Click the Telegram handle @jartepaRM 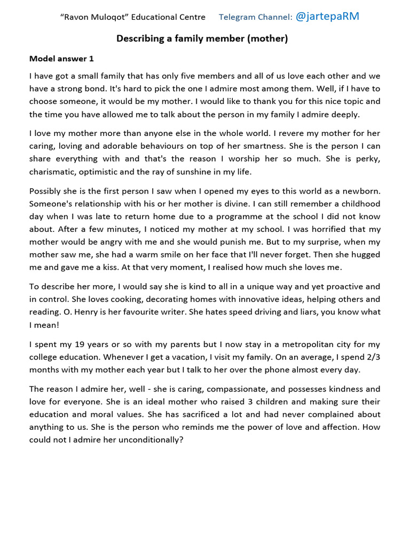tap(327, 17)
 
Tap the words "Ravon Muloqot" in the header tap(89, 17)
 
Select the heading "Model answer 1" tap(61, 59)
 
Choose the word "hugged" tap(365, 255)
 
